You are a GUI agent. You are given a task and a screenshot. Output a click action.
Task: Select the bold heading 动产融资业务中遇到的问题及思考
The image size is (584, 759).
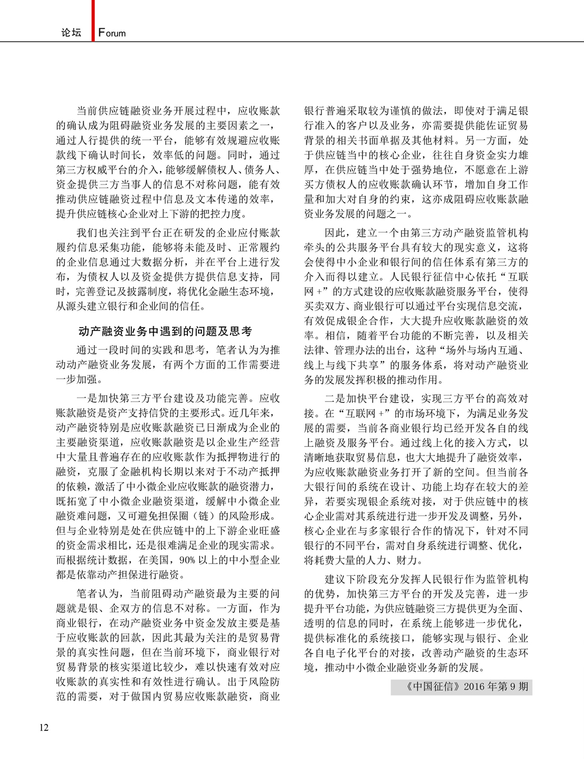coord(165,331)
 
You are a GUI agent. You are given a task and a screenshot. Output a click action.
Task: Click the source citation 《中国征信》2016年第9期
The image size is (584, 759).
coord(461,687)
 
